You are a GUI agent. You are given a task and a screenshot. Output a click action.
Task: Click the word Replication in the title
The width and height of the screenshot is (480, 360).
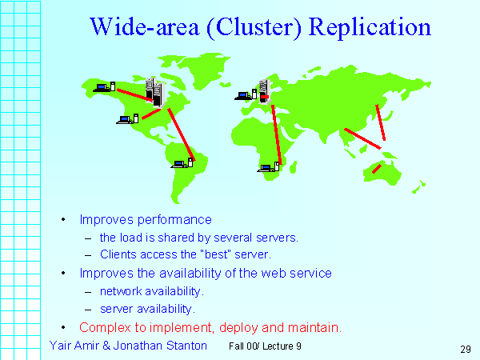pyautogui.click(x=370, y=27)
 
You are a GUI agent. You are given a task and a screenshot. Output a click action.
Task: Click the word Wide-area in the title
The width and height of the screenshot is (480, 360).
pyautogui.click(x=145, y=26)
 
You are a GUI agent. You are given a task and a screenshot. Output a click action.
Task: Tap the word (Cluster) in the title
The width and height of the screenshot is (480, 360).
pyautogui.click(x=254, y=28)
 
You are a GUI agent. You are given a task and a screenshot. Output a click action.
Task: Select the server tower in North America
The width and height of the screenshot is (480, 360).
pyautogui.click(x=155, y=92)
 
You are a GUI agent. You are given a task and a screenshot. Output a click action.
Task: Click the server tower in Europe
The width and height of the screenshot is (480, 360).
pyautogui.click(x=265, y=92)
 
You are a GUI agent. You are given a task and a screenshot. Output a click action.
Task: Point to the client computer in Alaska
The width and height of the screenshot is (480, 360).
pyautogui.click(x=104, y=87)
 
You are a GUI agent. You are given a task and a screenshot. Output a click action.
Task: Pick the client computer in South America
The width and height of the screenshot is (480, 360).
pyautogui.click(x=182, y=163)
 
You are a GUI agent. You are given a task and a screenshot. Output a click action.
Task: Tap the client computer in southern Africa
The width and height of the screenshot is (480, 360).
pyautogui.click(x=268, y=167)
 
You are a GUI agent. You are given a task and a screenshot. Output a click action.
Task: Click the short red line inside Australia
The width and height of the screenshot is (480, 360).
pyautogui.click(x=377, y=169)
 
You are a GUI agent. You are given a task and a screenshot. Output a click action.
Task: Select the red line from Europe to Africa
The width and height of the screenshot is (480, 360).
pyautogui.click(x=277, y=134)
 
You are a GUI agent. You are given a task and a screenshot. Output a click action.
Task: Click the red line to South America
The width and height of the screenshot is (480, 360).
pyautogui.click(x=182, y=134)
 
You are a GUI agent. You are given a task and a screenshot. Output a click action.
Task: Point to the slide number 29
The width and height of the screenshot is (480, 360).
pyautogui.click(x=466, y=350)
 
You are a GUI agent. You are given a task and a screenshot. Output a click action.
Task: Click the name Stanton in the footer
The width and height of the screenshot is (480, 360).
pyautogui.click(x=186, y=346)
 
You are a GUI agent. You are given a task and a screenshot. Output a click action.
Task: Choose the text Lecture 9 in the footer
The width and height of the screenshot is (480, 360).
pyautogui.click(x=282, y=346)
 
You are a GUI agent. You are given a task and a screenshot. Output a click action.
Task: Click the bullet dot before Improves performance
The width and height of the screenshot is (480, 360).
pyautogui.click(x=63, y=219)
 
